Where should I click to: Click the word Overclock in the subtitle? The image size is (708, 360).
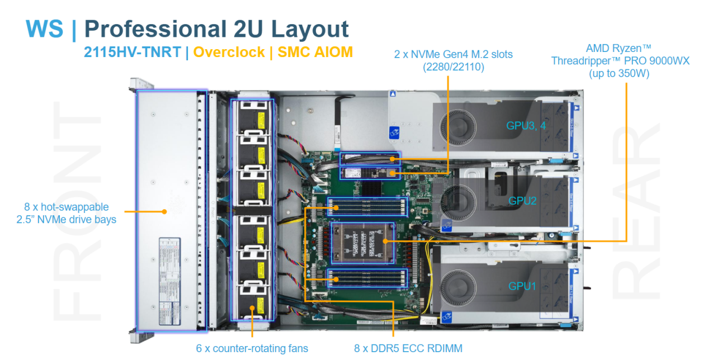[x=229, y=52]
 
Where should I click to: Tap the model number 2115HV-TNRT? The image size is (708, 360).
[x=132, y=52]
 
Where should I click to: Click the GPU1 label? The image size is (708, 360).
[x=522, y=286]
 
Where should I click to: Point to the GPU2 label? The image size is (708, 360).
[x=522, y=200]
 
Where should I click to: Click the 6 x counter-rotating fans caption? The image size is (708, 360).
[x=252, y=348]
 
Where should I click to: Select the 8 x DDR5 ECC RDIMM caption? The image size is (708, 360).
[x=408, y=348]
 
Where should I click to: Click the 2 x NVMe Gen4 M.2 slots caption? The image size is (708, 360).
[x=453, y=60]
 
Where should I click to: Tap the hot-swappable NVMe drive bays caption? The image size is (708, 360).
[x=67, y=213]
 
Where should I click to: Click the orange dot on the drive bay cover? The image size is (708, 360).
[x=164, y=211]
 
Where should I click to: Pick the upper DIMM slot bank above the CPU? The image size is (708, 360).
[x=367, y=207]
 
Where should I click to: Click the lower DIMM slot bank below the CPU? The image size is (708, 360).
[x=367, y=277]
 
